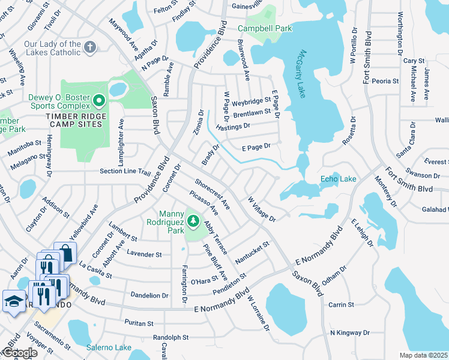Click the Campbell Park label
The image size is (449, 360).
(265, 28)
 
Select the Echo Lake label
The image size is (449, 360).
(338, 179)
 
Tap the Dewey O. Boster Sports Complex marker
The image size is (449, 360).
(100, 100)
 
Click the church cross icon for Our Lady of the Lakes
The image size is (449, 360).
(90, 47)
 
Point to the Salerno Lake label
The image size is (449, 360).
(109, 347)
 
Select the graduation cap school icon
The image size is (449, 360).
(13, 301)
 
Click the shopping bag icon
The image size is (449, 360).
(64, 253)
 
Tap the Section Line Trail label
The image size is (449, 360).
(125, 172)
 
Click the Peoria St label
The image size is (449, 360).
(385, 81)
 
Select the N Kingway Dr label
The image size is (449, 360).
(350, 332)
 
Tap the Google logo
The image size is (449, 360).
(19, 353)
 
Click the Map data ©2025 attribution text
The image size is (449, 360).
(424, 355)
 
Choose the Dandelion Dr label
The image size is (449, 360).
(149, 295)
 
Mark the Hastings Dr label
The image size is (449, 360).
(232, 127)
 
